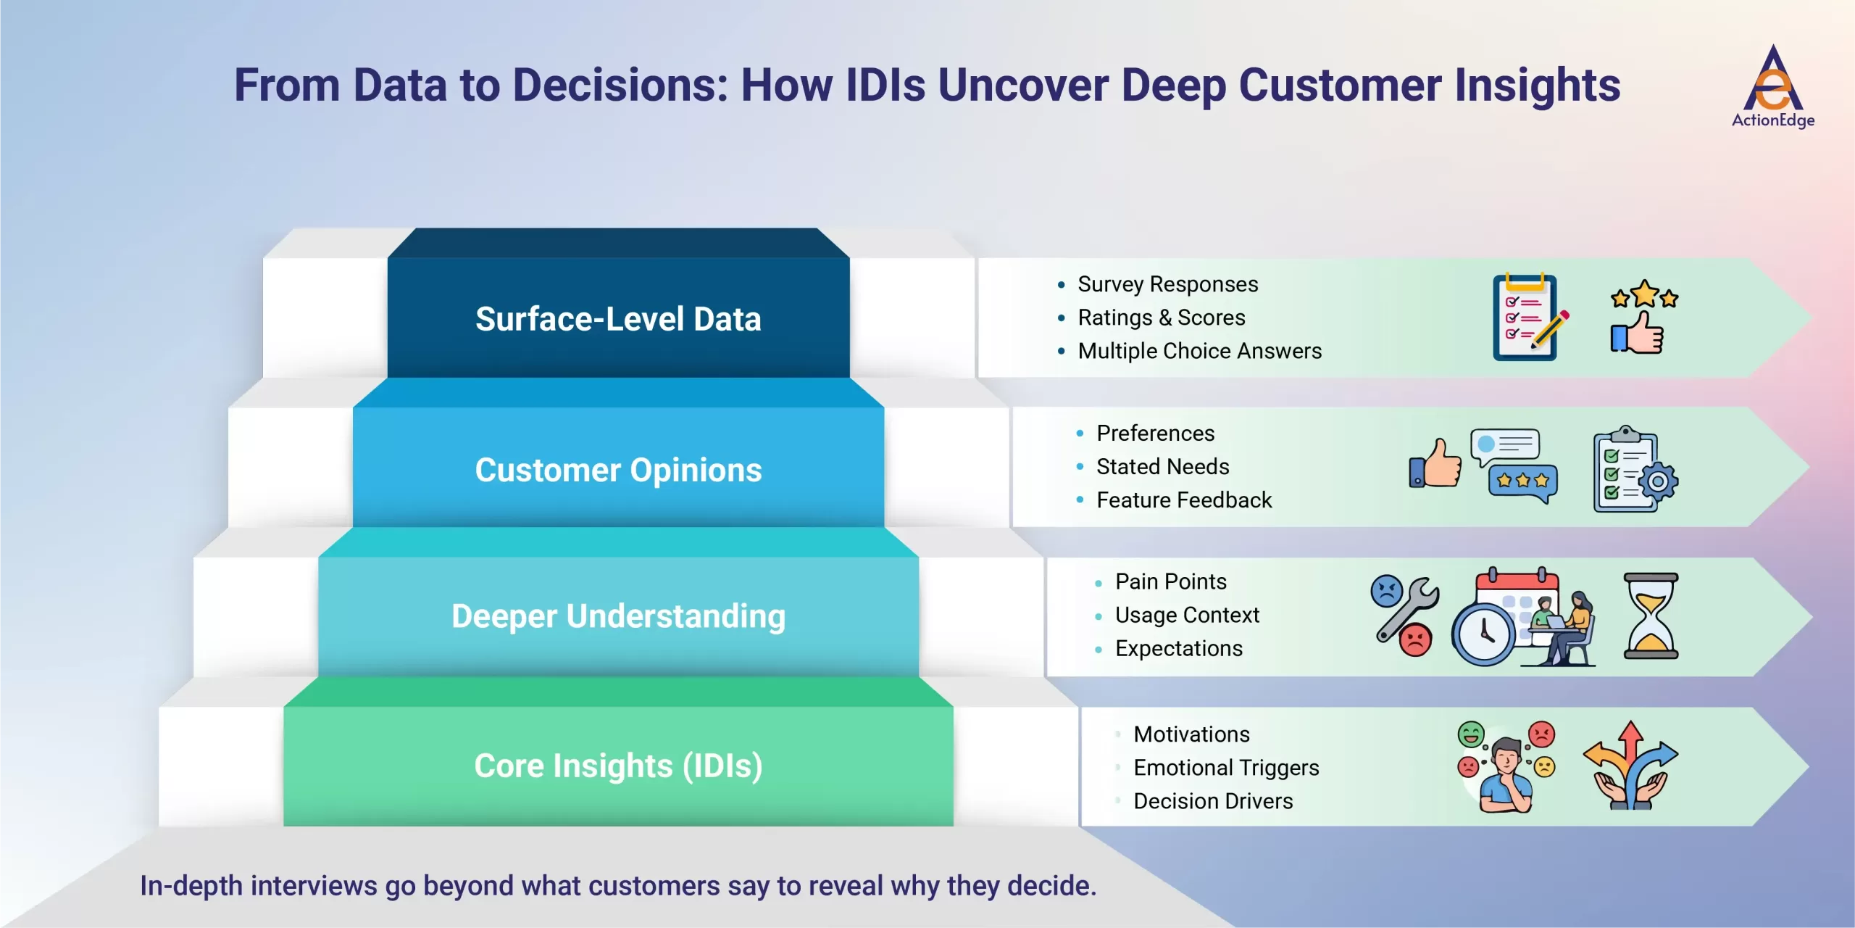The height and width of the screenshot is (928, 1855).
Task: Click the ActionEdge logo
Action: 1772,87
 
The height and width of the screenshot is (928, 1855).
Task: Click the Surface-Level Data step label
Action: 618,319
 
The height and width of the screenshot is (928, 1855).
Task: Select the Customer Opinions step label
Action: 618,470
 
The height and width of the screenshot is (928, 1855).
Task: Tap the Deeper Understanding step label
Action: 618,616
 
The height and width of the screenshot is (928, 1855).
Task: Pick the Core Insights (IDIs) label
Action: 618,766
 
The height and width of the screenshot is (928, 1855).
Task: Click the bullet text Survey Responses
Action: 1167,284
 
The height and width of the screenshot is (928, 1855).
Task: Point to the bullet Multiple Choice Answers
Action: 1199,351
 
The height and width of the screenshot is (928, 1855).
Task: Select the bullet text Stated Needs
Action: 1162,467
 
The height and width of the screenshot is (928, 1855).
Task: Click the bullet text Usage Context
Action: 1187,615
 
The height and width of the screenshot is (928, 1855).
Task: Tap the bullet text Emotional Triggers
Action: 1226,768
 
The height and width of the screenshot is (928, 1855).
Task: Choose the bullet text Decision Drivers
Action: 1213,801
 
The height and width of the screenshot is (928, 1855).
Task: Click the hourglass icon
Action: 1651,616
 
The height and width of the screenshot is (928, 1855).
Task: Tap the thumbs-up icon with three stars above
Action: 1642,318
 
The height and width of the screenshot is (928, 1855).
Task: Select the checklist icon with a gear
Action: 1635,470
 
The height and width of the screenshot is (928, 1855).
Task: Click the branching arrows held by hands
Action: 1630,766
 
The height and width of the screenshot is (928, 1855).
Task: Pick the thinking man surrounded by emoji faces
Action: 1506,767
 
